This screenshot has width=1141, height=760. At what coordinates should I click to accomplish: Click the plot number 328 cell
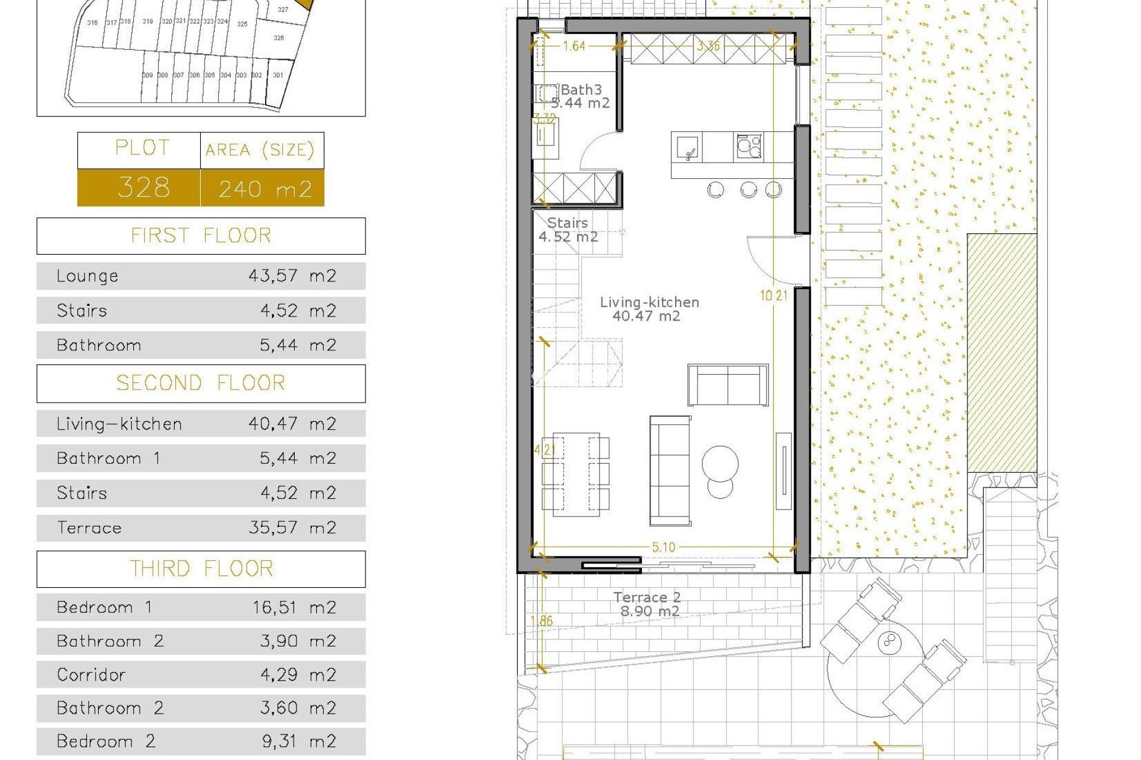click(x=143, y=188)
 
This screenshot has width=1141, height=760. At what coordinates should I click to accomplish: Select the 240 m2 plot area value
click(x=265, y=189)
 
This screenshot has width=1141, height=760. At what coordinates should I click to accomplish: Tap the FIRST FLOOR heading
click(x=201, y=236)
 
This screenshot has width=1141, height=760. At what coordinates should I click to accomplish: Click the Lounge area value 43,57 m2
click(x=292, y=275)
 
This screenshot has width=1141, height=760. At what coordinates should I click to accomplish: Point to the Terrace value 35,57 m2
click(x=292, y=527)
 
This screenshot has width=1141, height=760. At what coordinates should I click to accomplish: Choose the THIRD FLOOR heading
click(x=201, y=569)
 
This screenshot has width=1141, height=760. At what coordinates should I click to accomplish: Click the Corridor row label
click(x=91, y=674)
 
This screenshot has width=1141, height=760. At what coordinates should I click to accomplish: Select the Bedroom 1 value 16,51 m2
click(x=294, y=607)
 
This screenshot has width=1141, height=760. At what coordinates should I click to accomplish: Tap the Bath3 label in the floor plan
click(x=581, y=90)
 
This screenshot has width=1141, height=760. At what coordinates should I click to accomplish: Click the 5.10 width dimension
click(x=663, y=547)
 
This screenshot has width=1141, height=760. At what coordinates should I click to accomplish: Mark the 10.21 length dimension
click(x=773, y=295)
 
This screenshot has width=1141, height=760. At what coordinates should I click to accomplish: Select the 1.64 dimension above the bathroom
click(x=574, y=46)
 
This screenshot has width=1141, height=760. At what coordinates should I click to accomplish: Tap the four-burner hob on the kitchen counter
click(x=749, y=145)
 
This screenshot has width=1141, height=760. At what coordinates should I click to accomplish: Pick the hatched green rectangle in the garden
click(x=1002, y=353)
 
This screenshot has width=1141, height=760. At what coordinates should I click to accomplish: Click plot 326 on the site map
click(x=279, y=38)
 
